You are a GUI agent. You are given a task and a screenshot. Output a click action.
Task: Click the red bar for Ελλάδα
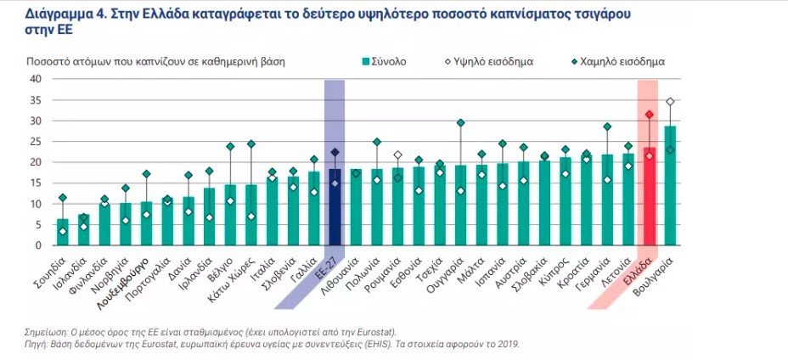click(x=649, y=197)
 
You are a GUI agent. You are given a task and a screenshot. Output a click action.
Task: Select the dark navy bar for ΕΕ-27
click(x=335, y=207)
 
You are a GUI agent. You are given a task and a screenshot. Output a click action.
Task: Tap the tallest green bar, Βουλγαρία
click(x=670, y=186)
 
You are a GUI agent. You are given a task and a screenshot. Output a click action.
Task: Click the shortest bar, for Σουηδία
click(x=62, y=232)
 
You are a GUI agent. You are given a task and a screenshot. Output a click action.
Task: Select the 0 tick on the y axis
click(x=39, y=245)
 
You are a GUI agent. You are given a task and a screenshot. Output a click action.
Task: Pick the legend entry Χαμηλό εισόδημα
click(x=621, y=62)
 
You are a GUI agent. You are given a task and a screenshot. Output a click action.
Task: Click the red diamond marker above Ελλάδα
click(x=649, y=115)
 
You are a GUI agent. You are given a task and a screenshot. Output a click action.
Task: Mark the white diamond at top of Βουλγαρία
click(x=670, y=102)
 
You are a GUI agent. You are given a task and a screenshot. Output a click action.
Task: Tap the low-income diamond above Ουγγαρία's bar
click(x=460, y=123)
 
